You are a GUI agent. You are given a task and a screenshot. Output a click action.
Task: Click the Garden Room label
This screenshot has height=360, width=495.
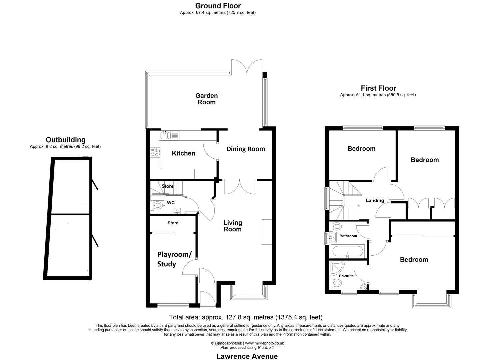tap(206, 99)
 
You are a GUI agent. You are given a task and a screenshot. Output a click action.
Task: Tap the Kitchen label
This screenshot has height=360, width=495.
tap(183, 153)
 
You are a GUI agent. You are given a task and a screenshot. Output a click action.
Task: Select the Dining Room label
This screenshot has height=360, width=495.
tap(246, 149)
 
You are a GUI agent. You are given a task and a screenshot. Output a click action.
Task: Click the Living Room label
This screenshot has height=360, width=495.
tap(232, 226)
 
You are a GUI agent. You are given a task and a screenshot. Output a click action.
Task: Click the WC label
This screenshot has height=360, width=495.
tap(171, 203)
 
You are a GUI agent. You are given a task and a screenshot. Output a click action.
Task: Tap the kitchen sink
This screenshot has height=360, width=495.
tap(165, 135)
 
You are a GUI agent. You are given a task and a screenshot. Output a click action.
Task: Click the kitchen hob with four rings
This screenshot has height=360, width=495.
tap(155, 152)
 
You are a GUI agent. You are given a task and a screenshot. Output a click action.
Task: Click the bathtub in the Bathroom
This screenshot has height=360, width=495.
tap(347, 251)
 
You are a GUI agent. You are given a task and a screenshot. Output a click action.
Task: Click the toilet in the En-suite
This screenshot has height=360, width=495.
tap(336, 283)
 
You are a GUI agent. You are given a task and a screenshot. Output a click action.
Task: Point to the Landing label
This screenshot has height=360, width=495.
tap(375, 201)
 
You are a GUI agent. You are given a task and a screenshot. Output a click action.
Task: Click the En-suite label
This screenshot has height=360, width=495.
tap(346, 276)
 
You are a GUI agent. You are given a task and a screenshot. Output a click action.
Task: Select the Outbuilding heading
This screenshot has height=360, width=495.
tap(66, 140)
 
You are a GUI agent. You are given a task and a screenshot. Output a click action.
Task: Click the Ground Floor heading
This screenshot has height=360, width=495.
tap(218, 6)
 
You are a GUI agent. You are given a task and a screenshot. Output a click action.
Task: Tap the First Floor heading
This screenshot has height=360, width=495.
tap(378, 88)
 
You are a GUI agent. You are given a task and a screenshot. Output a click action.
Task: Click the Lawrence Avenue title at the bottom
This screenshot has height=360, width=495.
tap(247, 356)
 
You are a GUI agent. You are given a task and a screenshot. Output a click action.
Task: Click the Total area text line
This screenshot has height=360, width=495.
tap(246, 317)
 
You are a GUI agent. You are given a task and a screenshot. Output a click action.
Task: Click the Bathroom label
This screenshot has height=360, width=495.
tap(348, 236)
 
